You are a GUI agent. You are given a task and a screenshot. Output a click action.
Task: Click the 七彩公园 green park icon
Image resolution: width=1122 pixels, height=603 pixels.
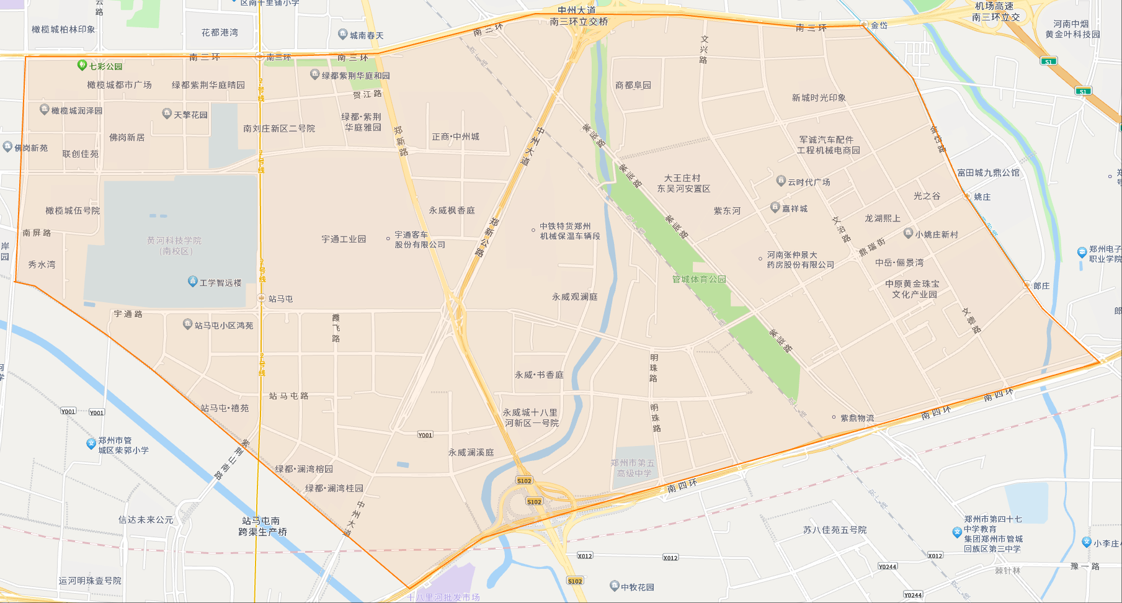pos(81,65)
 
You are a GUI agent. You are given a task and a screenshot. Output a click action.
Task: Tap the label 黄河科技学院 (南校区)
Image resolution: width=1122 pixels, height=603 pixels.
pos(174,246)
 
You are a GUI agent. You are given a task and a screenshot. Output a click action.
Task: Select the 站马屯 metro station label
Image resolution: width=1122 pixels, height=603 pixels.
pos(280,299)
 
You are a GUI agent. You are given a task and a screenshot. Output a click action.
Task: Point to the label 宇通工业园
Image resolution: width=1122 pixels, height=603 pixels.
pos(344,239)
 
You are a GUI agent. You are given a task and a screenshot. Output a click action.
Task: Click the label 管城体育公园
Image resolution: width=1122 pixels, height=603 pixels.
pos(699,279)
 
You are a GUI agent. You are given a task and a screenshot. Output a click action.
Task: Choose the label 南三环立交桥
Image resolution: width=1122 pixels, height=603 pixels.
pos(579,22)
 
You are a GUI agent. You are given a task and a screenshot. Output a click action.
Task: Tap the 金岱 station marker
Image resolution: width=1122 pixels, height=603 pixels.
pos(864,24)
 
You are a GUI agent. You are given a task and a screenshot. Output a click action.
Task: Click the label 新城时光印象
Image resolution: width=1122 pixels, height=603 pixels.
pos(819,97)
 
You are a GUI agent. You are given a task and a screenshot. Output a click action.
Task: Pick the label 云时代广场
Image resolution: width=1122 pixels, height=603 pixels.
pos(809,182)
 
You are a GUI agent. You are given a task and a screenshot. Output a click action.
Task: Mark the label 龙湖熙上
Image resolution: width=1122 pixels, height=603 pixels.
pos(883,218)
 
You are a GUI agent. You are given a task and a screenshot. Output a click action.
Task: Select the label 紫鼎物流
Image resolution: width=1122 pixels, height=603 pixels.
pos(857,418)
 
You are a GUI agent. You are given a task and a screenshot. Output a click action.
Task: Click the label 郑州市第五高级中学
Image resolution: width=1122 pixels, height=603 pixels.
pos(633,468)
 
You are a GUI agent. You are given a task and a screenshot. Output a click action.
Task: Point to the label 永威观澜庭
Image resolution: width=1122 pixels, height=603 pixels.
pos(575,297)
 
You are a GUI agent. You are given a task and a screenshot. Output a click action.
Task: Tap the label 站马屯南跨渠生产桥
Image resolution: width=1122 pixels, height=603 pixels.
pos(262,526)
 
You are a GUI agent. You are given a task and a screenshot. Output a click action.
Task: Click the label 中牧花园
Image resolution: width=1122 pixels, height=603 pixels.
pos(637,587)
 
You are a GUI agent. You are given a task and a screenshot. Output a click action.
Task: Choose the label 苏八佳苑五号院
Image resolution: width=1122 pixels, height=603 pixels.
pos(835,530)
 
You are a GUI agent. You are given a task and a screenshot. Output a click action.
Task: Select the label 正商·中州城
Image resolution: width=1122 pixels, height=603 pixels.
pos(455,136)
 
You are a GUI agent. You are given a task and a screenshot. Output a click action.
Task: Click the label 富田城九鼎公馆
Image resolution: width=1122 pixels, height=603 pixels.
pos(988,172)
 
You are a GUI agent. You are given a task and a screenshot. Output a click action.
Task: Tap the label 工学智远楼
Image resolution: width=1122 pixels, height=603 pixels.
pos(220,283)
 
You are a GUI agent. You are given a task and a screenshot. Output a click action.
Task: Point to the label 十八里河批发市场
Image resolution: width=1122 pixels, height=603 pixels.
pos(443,597)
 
